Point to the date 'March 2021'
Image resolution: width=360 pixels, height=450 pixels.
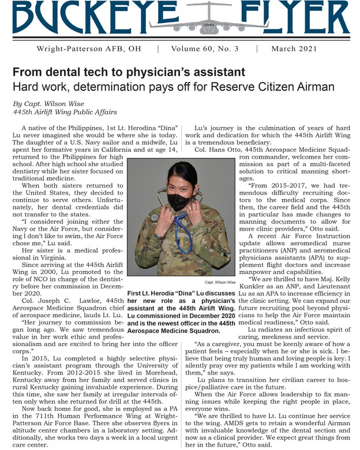(x=294, y=48)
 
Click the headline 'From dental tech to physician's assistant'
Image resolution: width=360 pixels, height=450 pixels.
(x=129, y=73)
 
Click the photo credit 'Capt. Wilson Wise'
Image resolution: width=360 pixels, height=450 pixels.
(x=221, y=283)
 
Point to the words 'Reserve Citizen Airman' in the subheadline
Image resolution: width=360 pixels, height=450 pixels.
(x=287, y=87)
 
